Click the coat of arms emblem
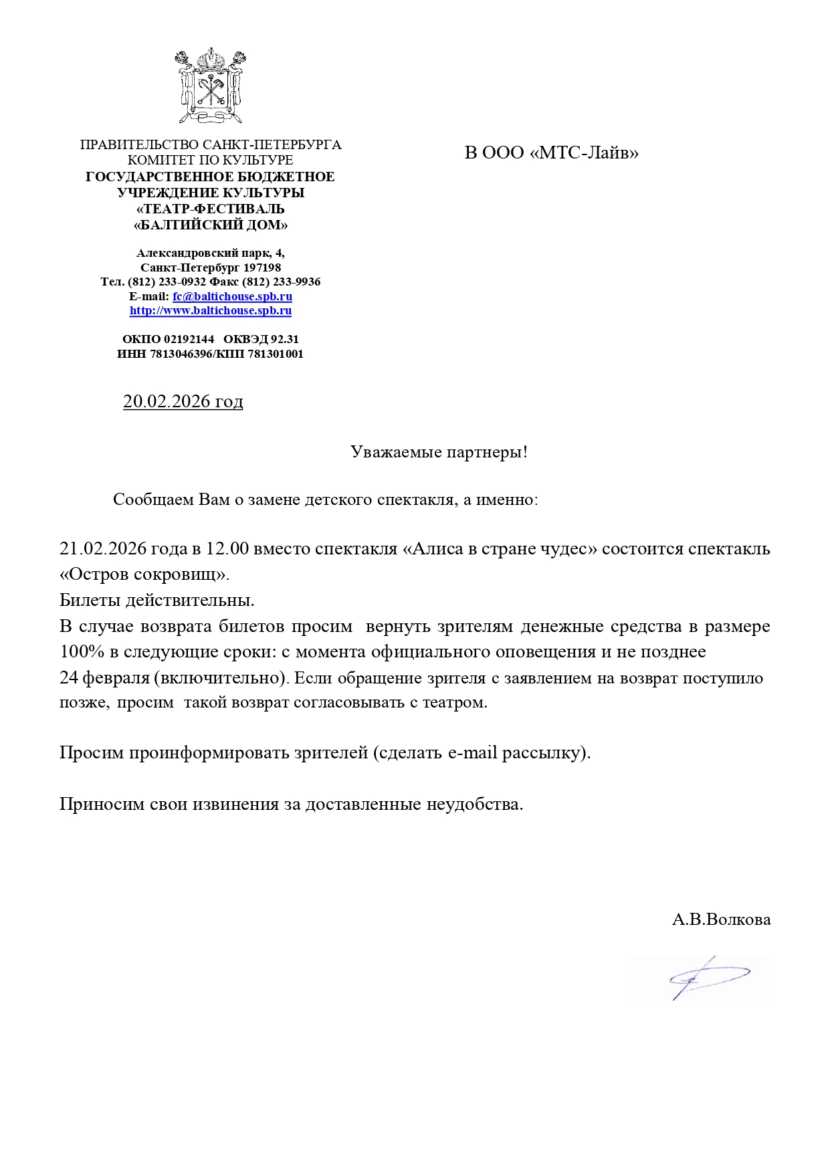click(210, 86)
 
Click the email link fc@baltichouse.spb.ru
click(232, 296)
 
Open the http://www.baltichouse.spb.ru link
click(210, 310)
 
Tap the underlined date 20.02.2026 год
click(183, 401)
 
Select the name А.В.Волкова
click(721, 920)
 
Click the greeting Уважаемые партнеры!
click(439, 452)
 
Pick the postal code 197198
click(262, 268)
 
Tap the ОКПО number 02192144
click(189, 339)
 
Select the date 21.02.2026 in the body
click(103, 549)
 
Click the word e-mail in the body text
click(472, 753)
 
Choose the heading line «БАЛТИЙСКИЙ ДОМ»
click(210, 225)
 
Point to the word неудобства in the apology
click(474, 804)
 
